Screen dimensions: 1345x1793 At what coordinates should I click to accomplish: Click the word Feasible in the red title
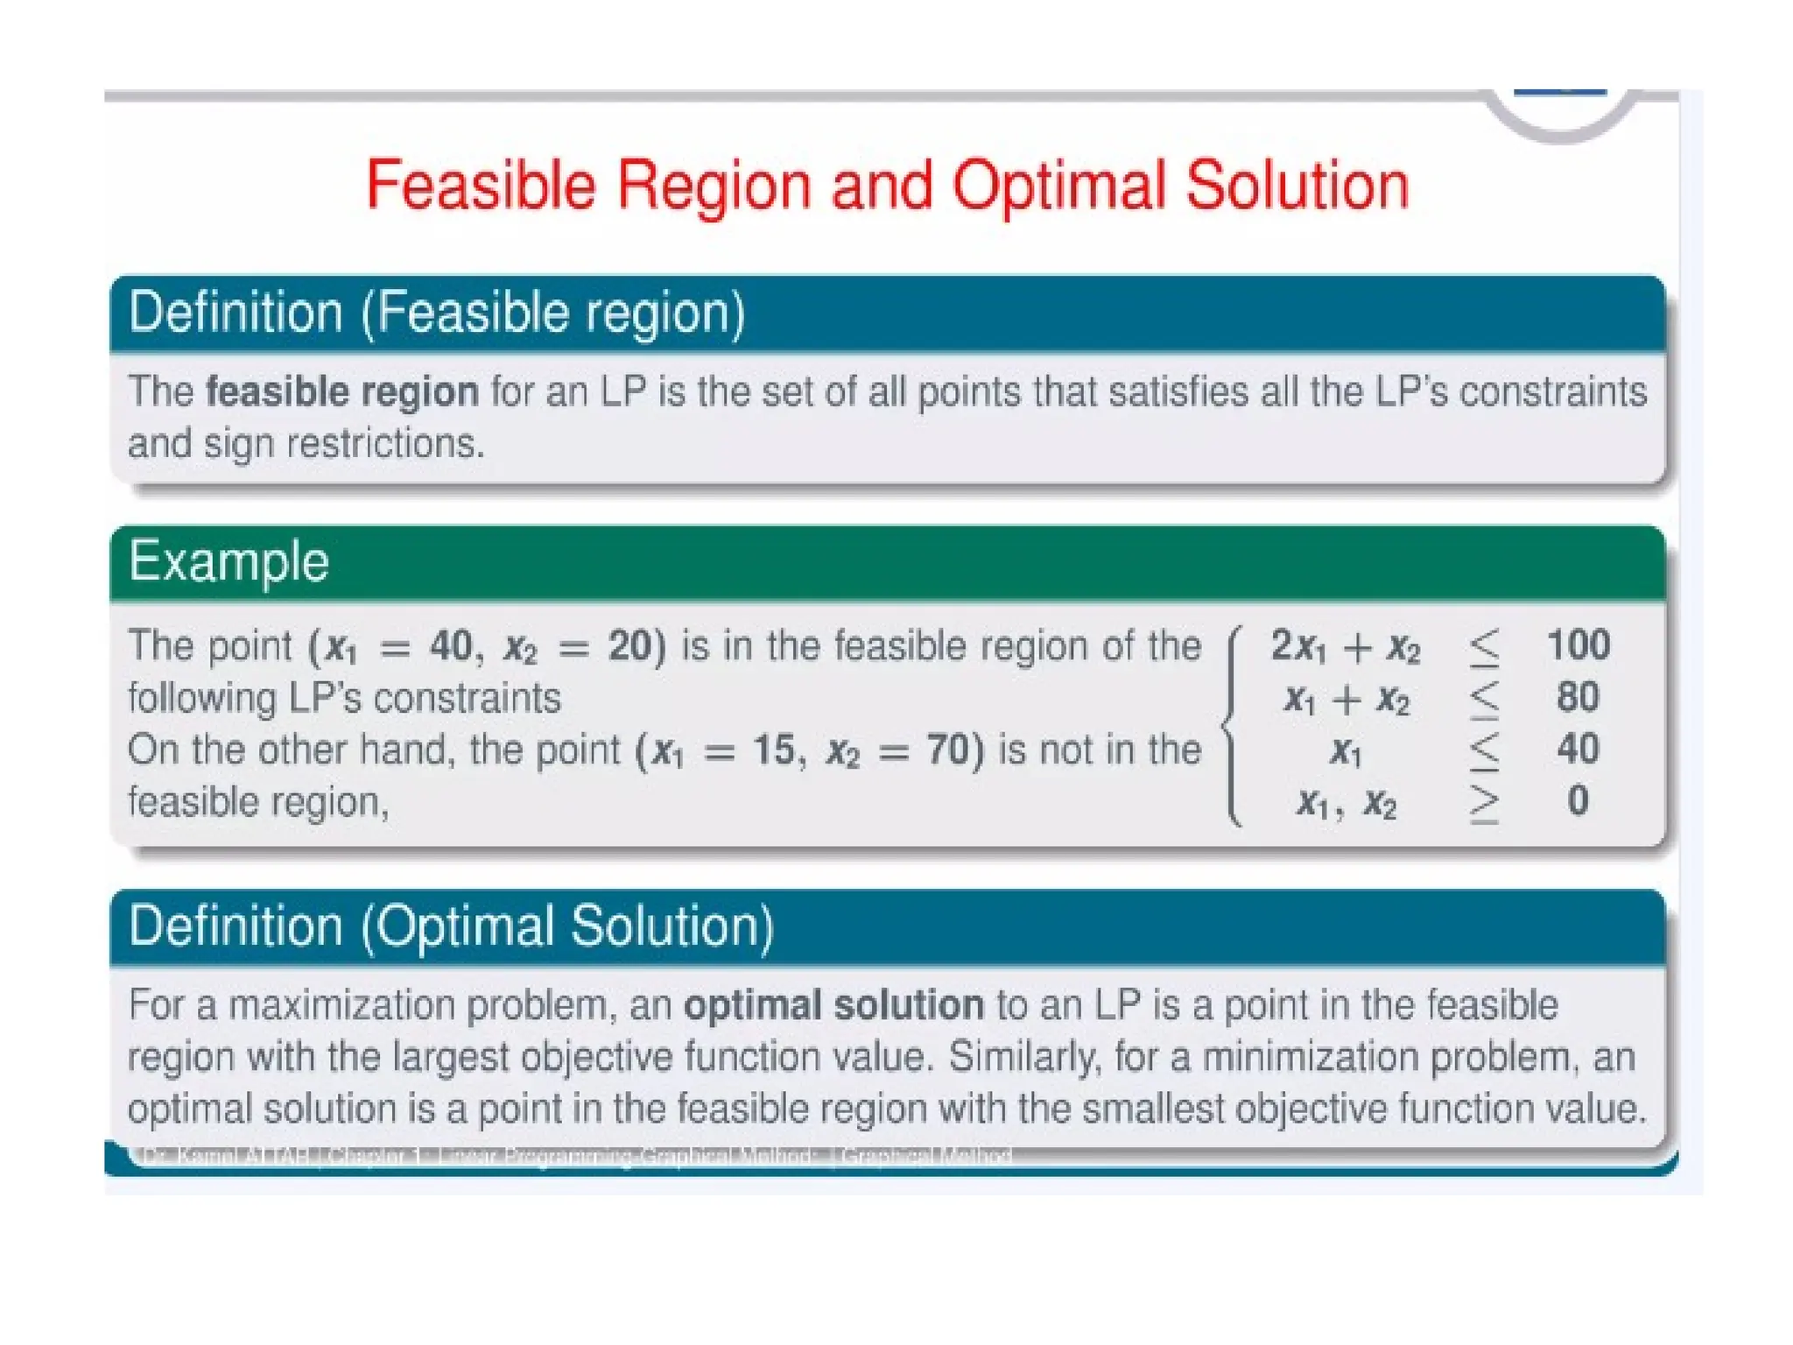click(x=481, y=186)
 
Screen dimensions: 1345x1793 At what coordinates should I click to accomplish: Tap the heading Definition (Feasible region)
click(x=437, y=313)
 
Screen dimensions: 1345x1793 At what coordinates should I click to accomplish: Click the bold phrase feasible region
click(x=342, y=391)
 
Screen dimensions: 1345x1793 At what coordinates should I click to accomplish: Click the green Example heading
click(x=229, y=561)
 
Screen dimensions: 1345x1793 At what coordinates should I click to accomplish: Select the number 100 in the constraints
click(x=1578, y=645)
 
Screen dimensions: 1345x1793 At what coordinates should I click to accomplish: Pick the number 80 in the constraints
click(x=1578, y=697)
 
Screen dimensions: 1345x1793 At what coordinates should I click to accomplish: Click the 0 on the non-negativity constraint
click(x=1578, y=800)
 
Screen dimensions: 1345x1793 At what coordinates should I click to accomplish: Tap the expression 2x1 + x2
click(x=1345, y=647)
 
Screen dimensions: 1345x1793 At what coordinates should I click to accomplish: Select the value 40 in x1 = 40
click(x=450, y=646)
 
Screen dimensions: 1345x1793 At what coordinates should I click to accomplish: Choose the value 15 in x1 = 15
click(x=774, y=750)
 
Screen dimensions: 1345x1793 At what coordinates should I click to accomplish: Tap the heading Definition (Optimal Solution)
click(x=451, y=926)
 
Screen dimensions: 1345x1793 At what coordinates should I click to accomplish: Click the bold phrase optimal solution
click(x=833, y=1004)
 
